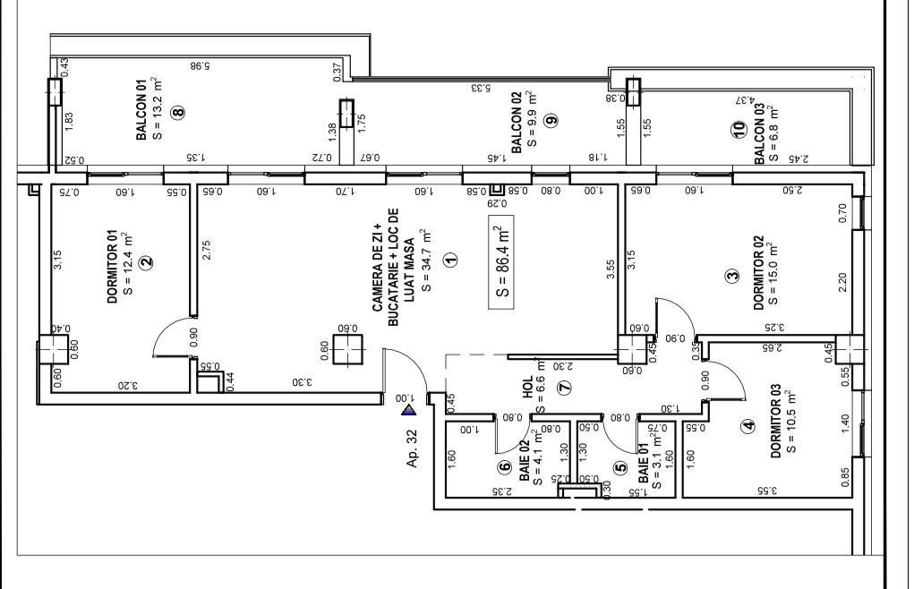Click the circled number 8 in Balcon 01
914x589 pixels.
pyautogui.click(x=178, y=113)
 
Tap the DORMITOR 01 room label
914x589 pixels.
pyautogui.click(x=113, y=267)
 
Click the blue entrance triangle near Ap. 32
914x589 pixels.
pyautogui.click(x=409, y=411)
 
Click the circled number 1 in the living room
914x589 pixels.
pyautogui.click(x=450, y=260)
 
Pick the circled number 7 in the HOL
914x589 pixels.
pyautogui.click(x=563, y=388)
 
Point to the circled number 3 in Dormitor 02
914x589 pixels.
pyautogui.click(x=732, y=277)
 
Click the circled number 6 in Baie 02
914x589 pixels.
pyautogui.click(x=505, y=466)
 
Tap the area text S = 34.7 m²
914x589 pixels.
pyautogui.click(x=426, y=260)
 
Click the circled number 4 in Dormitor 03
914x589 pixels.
pyautogui.click(x=748, y=427)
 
